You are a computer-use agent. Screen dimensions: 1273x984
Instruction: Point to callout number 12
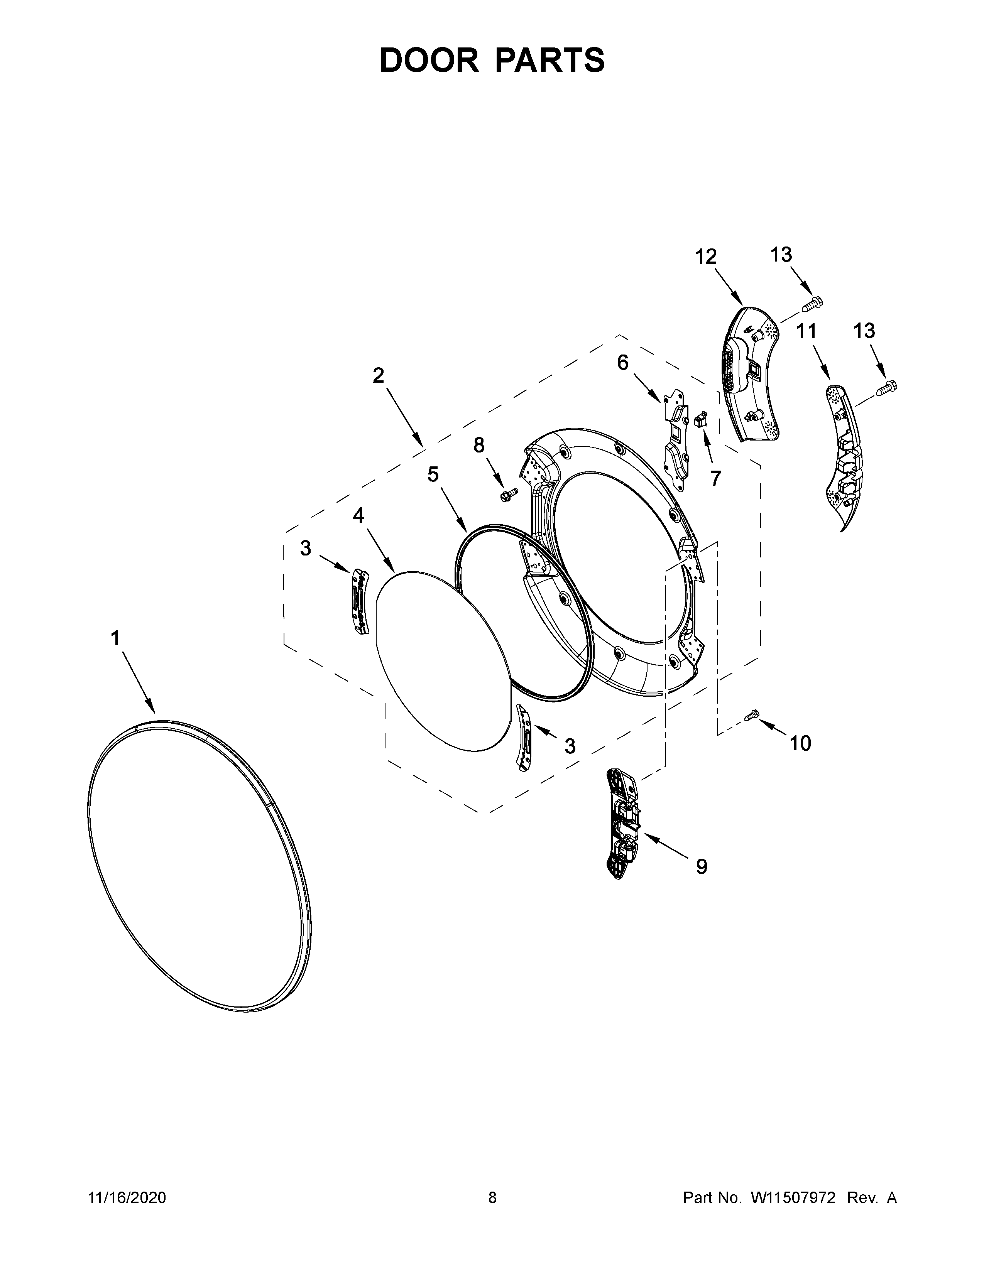coord(705,257)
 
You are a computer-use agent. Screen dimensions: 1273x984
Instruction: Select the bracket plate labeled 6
coord(676,437)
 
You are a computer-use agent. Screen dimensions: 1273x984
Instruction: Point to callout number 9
coord(702,883)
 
